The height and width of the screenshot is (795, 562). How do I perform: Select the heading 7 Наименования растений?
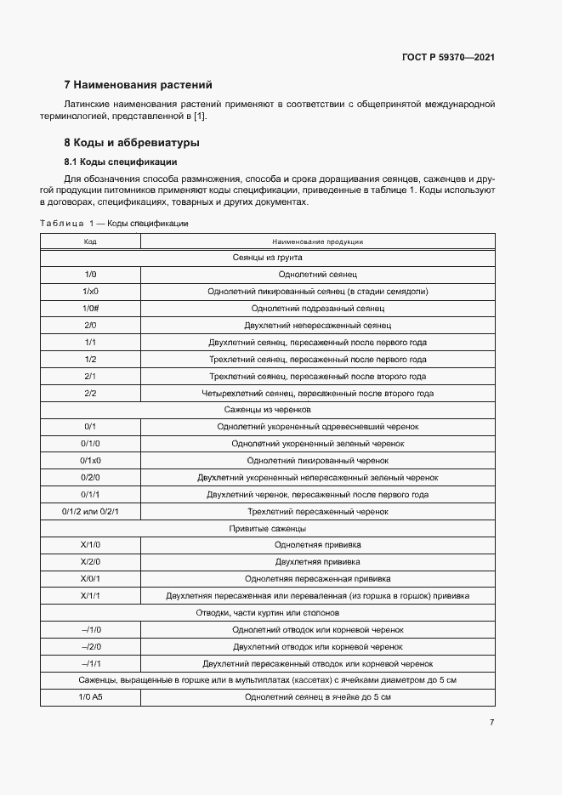pos(139,85)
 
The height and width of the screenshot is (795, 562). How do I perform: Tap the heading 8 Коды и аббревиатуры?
pos(132,143)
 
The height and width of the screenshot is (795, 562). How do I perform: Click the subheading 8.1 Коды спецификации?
pos(121,162)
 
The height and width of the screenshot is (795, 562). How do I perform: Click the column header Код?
pos(90,241)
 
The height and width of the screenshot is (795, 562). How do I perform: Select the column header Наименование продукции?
pos(317,241)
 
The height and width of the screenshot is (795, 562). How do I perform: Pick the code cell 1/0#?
pos(90,308)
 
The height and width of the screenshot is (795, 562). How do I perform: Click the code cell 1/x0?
pos(90,291)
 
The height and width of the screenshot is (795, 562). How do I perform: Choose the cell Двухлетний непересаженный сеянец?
pos(317,325)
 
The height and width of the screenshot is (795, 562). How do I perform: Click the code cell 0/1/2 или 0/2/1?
pos(90,511)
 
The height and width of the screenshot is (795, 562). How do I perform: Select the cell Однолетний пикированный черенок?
pos(317,460)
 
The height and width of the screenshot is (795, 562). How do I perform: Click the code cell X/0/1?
pos(90,578)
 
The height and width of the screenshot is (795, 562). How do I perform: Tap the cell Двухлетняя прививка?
pos(317,562)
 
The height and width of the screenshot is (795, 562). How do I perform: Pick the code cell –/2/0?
pos(90,646)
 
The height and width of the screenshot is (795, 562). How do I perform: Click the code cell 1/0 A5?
pos(90,697)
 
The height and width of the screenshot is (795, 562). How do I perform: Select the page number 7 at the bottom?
pos(491,723)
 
